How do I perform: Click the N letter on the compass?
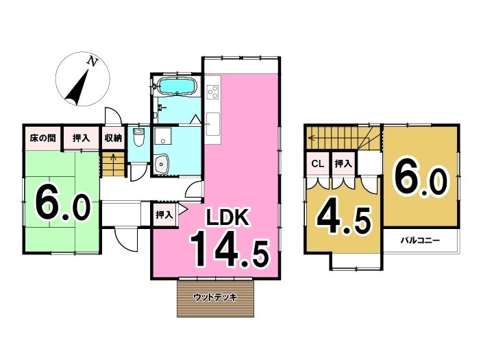[x=92, y=61]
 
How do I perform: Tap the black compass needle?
[x=77, y=88]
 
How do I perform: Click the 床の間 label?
[x=42, y=138]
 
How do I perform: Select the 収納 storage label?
[x=113, y=138]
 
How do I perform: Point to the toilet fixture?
[x=138, y=138]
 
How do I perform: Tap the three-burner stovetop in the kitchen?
[x=213, y=91]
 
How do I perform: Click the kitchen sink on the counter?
[x=212, y=123]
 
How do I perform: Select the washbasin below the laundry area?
[x=162, y=164]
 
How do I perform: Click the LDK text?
[x=227, y=217]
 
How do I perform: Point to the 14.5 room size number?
[x=230, y=250]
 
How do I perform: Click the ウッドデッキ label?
[x=215, y=298]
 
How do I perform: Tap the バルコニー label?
[x=420, y=241]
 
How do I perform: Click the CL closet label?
[x=318, y=164]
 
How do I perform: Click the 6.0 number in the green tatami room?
[x=62, y=204]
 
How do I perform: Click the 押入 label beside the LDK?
[x=164, y=215]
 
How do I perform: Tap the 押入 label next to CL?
[x=343, y=164]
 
